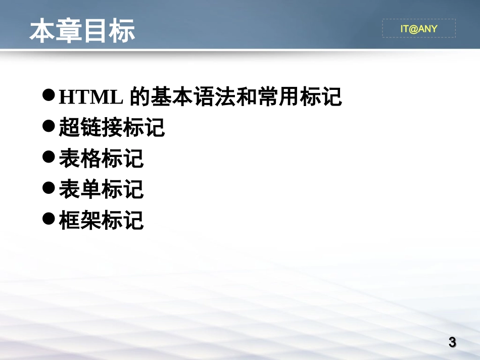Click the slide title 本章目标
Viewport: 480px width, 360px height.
coord(82,31)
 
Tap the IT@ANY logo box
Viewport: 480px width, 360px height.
coord(418,29)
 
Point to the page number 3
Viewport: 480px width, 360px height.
coord(452,342)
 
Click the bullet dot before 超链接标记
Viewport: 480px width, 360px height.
coord(49,126)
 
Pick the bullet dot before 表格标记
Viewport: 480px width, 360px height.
coord(49,157)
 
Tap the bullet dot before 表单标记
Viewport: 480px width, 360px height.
coord(49,188)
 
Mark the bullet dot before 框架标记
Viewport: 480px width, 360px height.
coord(49,219)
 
